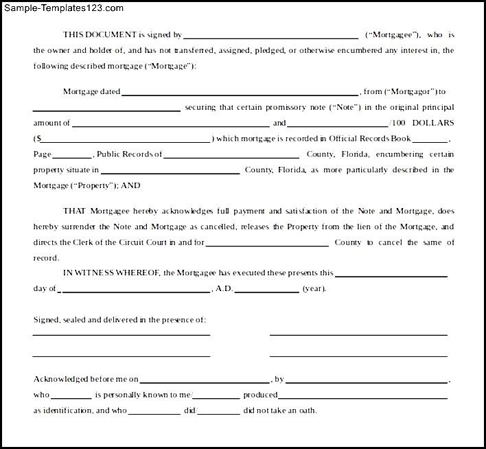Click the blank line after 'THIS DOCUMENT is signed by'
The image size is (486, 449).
pos(270,36)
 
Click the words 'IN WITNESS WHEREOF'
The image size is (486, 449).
pos(112,273)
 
